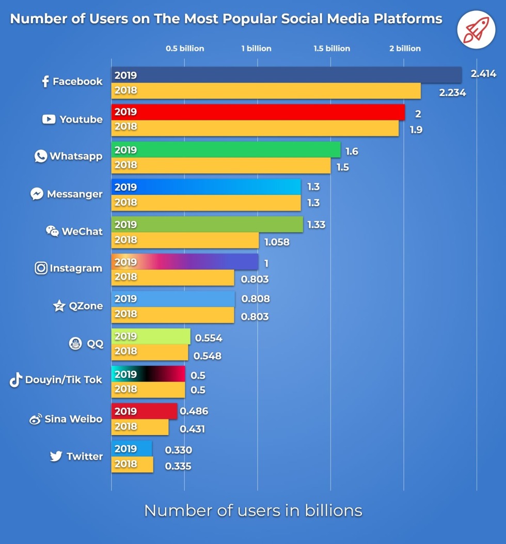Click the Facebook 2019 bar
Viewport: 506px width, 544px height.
click(x=287, y=75)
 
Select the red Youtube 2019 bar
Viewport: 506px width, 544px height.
click(x=258, y=112)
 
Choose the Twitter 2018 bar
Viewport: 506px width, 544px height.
click(x=132, y=464)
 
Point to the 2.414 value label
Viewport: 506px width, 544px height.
click(x=483, y=74)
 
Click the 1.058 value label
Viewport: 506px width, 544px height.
click(x=277, y=242)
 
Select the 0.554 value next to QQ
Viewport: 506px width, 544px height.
click(x=209, y=338)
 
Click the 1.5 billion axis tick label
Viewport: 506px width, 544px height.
click(x=331, y=49)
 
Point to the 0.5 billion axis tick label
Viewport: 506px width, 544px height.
click(x=185, y=49)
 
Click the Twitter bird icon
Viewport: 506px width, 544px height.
click(x=56, y=456)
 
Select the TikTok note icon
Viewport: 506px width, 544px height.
click(x=15, y=380)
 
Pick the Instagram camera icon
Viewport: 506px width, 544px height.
click(x=41, y=268)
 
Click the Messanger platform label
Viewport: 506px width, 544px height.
click(x=75, y=194)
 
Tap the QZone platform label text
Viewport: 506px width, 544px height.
click(x=86, y=306)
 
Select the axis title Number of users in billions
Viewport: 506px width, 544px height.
click(x=253, y=510)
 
